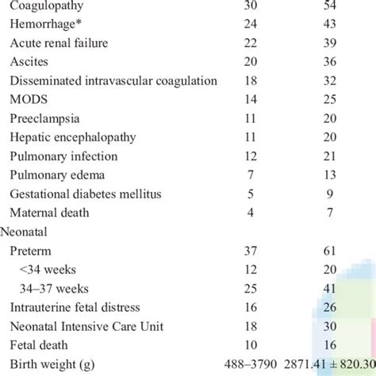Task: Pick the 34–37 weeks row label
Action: [59, 290]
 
